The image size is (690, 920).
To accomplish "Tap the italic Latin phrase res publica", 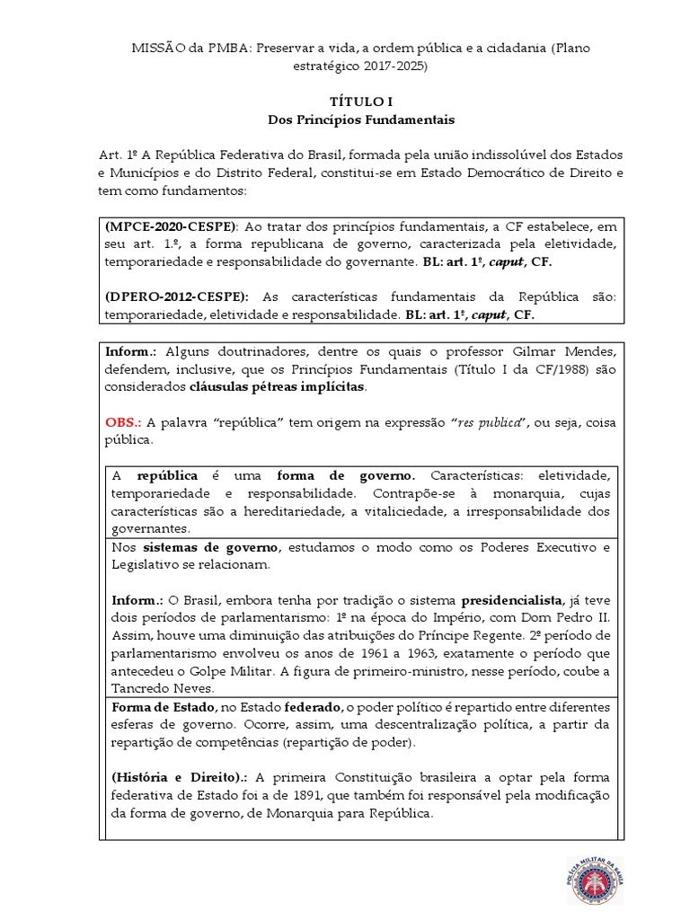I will pyautogui.click(x=489, y=422).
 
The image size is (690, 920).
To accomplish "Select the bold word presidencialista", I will pyautogui.click(x=512, y=599).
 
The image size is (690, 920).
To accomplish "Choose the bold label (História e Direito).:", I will pyautogui.click(x=181, y=778).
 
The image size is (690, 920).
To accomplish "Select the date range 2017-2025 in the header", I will pyautogui.click(x=394, y=66).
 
